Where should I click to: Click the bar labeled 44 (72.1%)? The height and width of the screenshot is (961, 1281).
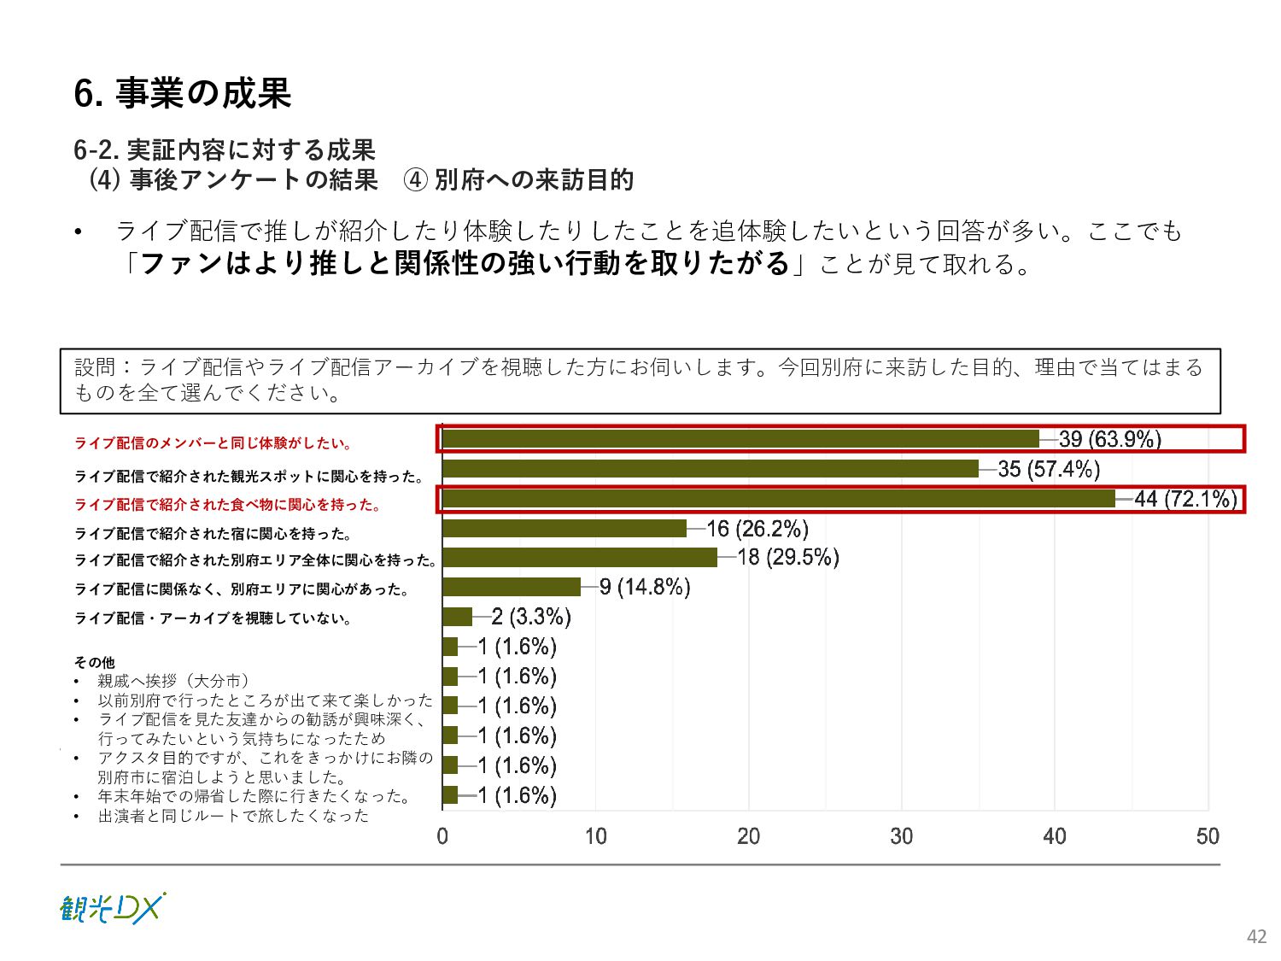click(x=779, y=499)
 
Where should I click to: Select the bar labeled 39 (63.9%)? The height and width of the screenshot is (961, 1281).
click(x=740, y=439)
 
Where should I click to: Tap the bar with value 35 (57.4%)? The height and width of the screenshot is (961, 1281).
click(x=711, y=469)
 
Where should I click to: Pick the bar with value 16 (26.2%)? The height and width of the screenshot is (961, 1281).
click(x=564, y=529)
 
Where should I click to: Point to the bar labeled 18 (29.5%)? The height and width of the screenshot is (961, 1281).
click(x=580, y=558)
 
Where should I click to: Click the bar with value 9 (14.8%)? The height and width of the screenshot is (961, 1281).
click(x=512, y=587)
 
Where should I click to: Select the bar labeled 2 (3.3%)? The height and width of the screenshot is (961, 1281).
click(x=458, y=617)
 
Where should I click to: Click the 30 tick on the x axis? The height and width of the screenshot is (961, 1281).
click(x=902, y=836)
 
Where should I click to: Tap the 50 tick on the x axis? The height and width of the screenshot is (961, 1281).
click(x=1208, y=836)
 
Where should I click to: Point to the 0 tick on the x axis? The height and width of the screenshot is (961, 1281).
click(x=442, y=836)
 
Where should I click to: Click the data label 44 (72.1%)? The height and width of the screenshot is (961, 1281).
click(x=1185, y=499)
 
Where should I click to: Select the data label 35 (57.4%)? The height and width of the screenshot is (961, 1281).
click(x=1049, y=469)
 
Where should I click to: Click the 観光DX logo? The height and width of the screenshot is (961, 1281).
click(x=112, y=909)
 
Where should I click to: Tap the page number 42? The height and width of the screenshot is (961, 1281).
click(x=1256, y=936)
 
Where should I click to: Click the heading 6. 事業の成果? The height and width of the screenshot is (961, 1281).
click(x=183, y=93)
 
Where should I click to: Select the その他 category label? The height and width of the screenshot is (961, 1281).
click(x=94, y=662)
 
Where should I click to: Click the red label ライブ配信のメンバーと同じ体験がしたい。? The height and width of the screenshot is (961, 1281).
click(x=213, y=442)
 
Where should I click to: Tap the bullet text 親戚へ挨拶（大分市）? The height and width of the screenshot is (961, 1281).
click(x=174, y=681)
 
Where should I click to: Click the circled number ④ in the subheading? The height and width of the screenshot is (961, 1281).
click(x=415, y=180)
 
